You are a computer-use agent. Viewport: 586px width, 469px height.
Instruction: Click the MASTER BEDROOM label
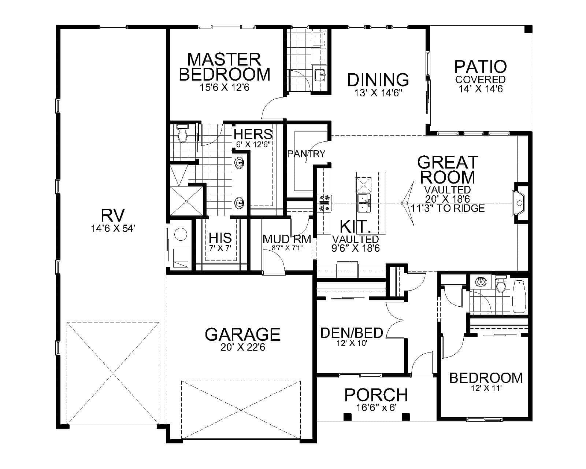(x=225, y=67)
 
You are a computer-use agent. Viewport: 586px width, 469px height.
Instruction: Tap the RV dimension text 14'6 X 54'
(x=114, y=229)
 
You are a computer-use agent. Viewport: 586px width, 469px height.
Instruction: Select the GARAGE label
(x=242, y=334)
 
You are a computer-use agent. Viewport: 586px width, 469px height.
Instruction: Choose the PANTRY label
(x=306, y=154)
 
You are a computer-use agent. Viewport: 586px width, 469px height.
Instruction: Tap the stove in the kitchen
(x=325, y=203)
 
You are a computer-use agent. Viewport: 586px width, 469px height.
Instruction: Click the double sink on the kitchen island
(x=364, y=203)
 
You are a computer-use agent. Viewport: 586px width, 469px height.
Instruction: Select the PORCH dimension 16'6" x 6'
(x=376, y=407)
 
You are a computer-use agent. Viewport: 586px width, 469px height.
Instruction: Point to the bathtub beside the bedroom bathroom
(x=519, y=296)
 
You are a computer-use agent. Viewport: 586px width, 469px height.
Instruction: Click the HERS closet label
(x=253, y=134)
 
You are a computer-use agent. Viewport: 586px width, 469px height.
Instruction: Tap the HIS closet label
(x=220, y=238)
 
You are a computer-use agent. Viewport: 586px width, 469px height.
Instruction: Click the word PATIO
(x=481, y=67)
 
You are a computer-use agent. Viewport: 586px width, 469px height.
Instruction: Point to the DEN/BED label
(x=352, y=333)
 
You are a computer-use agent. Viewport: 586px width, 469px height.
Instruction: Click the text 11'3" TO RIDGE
(x=447, y=208)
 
